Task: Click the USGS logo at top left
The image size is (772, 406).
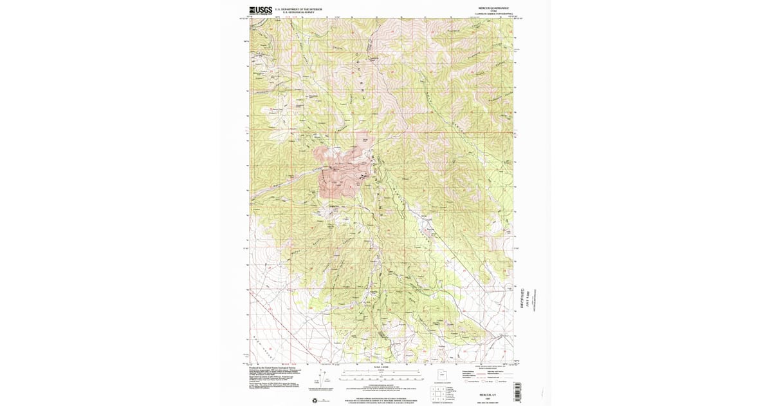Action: [261, 10]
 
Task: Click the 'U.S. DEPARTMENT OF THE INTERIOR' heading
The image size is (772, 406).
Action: [299, 9]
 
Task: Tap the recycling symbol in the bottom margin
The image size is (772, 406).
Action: [315, 400]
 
